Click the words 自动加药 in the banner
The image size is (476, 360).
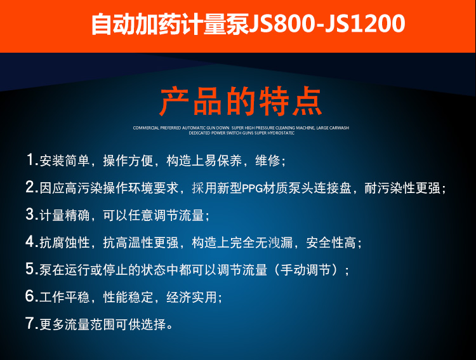tap(136, 23)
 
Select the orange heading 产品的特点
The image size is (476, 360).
tap(241, 101)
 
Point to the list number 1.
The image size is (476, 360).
tap(30, 159)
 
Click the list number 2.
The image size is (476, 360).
tap(30, 187)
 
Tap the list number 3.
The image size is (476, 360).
tap(30, 214)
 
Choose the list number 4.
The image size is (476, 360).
tap(30, 241)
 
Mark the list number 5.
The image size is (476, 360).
tap(30, 269)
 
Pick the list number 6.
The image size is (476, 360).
tap(30, 296)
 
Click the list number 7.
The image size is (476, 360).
tap(30, 323)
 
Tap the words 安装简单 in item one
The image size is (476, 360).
tap(65, 161)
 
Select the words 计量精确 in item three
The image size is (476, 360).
tap(65, 215)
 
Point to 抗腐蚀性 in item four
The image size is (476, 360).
tap(65, 243)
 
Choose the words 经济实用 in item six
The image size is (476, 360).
tap(191, 297)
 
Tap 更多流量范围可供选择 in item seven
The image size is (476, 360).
tap(103, 324)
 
